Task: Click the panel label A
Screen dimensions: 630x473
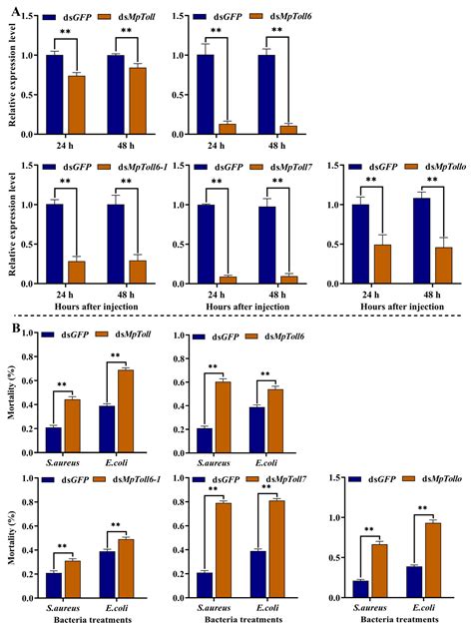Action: (15, 15)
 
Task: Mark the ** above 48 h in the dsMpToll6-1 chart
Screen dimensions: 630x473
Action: (129, 183)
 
